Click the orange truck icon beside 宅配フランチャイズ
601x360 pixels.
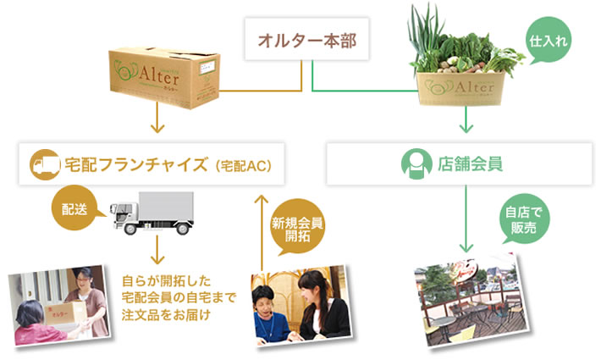(x=41, y=163)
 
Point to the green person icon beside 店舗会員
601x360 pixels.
(x=411, y=163)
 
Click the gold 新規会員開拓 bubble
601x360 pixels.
(x=298, y=228)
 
